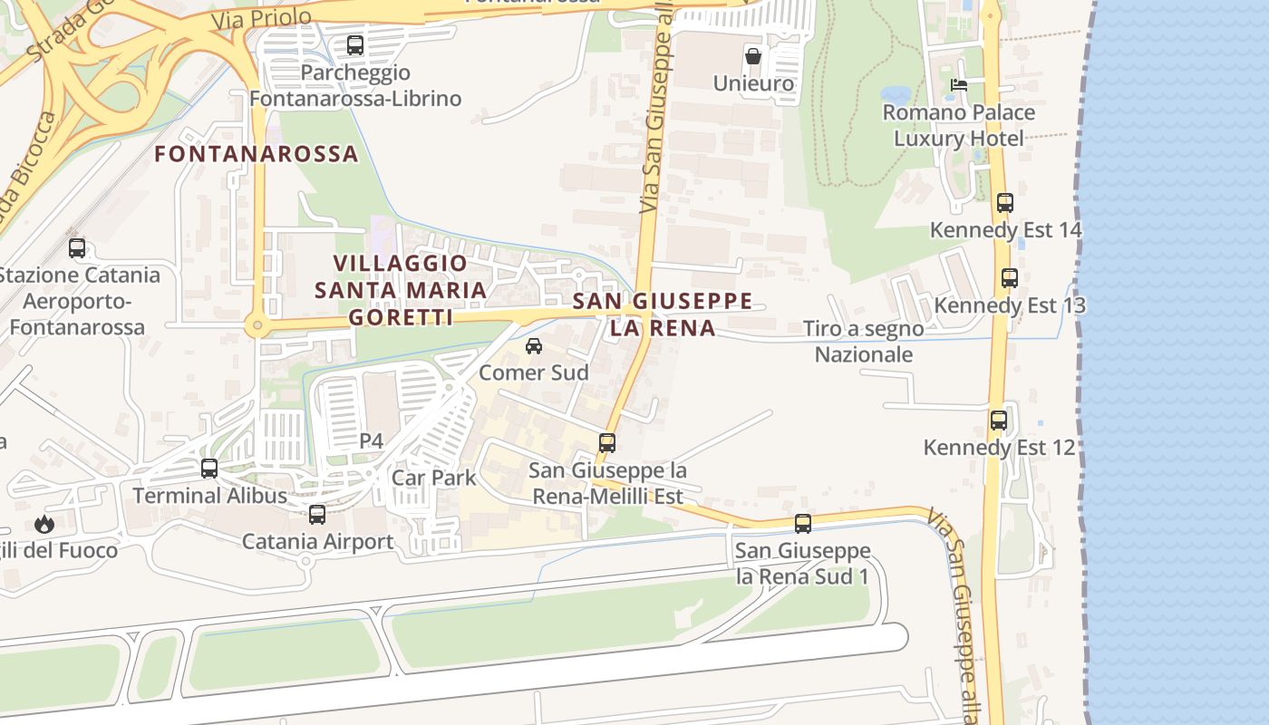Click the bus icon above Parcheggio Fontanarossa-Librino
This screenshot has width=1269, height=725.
355,44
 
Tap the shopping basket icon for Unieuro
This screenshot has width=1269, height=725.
753,56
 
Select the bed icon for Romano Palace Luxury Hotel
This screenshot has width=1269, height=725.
959,85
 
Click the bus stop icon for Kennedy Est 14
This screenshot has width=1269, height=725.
1004,203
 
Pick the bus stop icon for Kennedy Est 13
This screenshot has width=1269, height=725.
1010,278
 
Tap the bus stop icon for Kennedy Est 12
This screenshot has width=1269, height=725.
998,420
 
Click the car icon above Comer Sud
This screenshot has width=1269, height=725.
534,346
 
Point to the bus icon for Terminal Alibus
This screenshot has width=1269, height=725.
209,469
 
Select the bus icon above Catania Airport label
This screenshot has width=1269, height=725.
316,515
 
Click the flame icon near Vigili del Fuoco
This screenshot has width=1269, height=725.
44,524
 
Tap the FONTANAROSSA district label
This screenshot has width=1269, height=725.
257,154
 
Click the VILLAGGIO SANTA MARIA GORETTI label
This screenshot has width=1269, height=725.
401,290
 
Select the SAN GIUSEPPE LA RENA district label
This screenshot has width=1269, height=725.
663,314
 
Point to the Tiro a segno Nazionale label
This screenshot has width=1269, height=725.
863,342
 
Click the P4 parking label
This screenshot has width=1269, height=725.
372,441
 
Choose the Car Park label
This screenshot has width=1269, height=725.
433,478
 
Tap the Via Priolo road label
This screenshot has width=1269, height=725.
261,18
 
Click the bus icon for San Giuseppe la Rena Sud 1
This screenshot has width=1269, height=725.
802,524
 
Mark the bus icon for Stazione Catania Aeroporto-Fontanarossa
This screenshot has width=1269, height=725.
77,247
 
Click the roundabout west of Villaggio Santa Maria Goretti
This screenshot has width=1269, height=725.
257,325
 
